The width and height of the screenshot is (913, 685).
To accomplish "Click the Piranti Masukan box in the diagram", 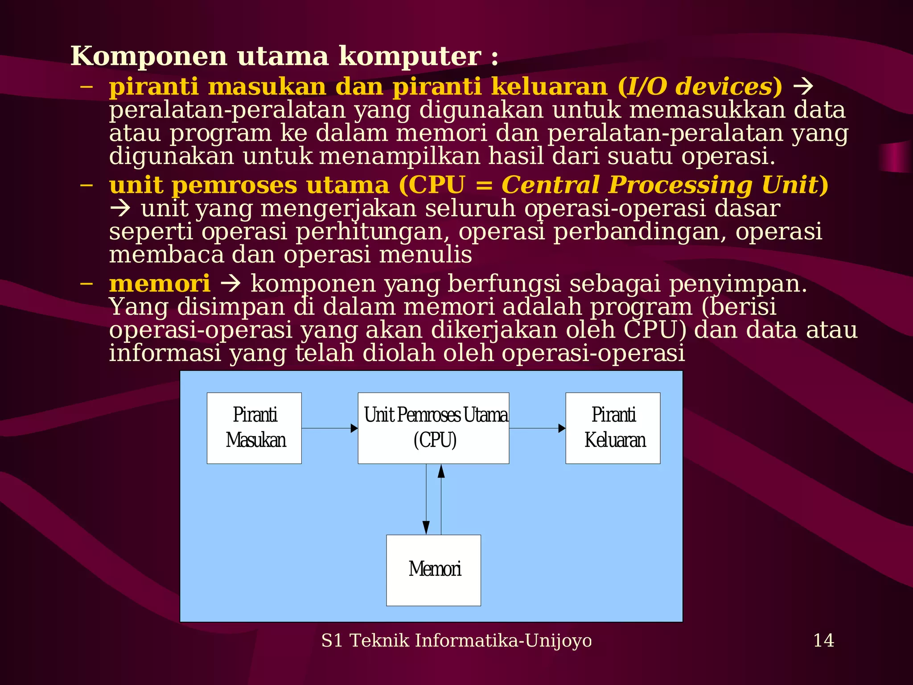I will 254,428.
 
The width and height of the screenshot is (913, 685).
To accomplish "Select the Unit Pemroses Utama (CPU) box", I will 433,428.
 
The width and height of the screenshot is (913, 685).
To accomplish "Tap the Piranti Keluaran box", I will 613,428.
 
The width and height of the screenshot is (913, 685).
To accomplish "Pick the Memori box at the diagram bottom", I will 433,570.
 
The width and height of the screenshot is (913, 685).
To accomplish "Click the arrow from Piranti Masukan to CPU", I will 330,428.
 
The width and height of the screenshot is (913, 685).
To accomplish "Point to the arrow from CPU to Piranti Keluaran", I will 537,428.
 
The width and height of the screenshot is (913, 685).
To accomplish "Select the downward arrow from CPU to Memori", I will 426,499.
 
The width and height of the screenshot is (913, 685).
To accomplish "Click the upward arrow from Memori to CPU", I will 441,499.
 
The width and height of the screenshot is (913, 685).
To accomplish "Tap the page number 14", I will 823,640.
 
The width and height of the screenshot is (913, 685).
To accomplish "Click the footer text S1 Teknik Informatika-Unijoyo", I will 456,640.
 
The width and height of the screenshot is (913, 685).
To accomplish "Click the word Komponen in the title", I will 149,56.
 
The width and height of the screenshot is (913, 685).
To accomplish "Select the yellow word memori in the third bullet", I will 160,284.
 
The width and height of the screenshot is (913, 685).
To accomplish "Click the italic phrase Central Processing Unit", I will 660,185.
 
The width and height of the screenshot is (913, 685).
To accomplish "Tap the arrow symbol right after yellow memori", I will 231,284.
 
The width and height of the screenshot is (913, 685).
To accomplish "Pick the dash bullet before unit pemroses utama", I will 86,185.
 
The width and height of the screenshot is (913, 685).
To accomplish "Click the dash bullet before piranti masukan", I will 86,87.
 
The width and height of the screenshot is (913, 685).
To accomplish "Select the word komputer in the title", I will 410,56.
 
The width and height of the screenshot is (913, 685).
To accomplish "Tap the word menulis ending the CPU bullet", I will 425,255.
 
